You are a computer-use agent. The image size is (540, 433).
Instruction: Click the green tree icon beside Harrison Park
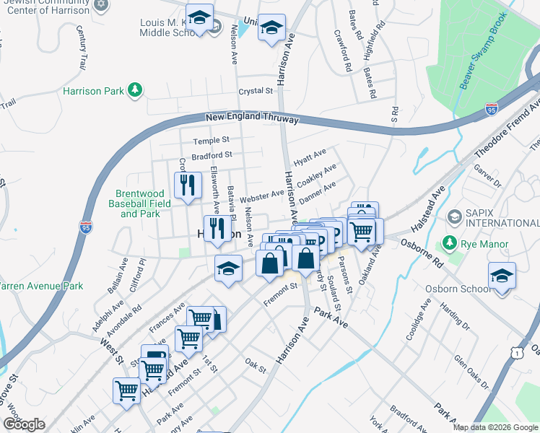[x=134, y=90]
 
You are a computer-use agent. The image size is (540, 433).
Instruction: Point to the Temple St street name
[x=211, y=139]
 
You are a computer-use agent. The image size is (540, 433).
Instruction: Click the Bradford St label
[x=212, y=154]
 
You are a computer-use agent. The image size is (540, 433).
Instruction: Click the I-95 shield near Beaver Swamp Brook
[x=491, y=110]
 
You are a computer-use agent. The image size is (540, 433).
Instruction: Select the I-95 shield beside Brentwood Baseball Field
[x=86, y=226]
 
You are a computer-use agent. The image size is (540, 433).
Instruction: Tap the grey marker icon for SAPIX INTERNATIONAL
[x=455, y=216]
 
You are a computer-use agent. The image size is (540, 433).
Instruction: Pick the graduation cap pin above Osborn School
[x=502, y=276]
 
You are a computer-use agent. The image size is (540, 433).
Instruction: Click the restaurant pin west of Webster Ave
[x=188, y=186]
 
